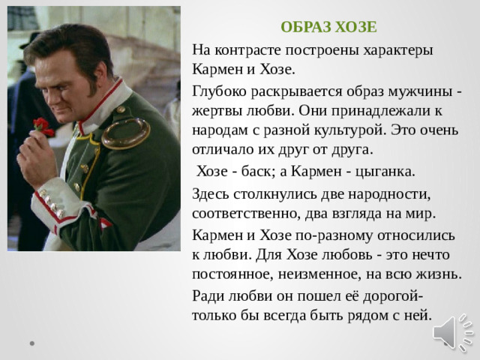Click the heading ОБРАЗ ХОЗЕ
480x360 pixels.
click(x=328, y=28)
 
